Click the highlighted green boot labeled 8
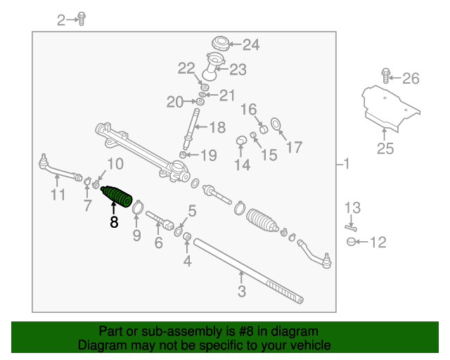[117, 195]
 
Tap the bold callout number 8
[114, 222]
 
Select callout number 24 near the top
[251, 45]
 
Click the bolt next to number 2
[82, 18]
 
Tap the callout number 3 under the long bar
[241, 290]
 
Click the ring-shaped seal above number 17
[276, 125]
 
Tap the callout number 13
[352, 207]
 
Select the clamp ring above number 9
[138, 207]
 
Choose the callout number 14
[242, 165]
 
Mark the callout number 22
[186, 68]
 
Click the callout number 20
[174, 103]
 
